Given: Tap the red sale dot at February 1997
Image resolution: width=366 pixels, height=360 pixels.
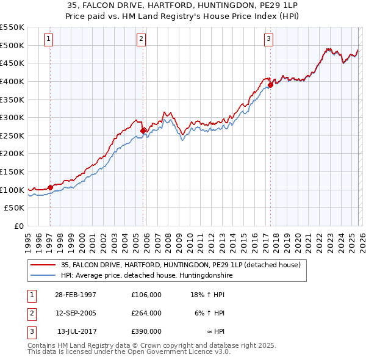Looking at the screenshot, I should (50, 187).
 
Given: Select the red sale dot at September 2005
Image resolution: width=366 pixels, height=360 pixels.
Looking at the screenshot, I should (143, 130).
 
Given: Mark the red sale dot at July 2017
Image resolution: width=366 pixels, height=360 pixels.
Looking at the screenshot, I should (270, 85).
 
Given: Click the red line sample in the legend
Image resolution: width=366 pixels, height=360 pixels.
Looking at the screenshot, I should (43, 265).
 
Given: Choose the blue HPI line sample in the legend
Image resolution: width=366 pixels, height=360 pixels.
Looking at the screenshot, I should (43, 276).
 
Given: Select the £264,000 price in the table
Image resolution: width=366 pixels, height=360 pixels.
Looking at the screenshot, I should (146, 313).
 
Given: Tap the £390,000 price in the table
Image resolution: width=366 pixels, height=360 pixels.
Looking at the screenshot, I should (146, 332).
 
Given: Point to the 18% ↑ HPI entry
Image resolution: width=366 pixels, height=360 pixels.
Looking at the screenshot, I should (207, 294).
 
